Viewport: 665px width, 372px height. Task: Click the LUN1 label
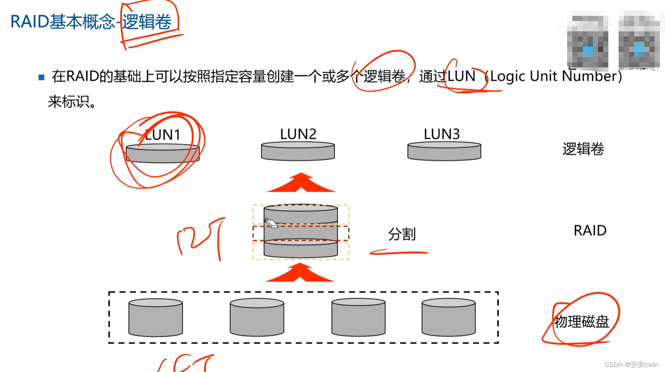coord(163,135)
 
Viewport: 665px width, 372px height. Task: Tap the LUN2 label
coord(298,134)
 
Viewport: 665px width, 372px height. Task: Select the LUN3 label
coord(442,134)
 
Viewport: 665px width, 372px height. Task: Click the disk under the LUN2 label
coord(298,151)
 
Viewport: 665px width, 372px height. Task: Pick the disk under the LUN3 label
coord(444,151)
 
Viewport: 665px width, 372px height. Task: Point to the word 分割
coord(402,234)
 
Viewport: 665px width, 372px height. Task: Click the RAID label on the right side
coord(590,231)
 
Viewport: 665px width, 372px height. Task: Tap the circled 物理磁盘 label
coord(582,321)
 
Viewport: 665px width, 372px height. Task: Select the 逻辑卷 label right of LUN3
coord(583,149)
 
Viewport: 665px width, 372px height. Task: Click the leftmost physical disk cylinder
coord(155,318)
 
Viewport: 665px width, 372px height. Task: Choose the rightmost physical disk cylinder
coord(448,318)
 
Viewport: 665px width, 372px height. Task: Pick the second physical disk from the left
coord(257,318)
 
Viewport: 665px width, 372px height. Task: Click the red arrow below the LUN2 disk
coord(301,183)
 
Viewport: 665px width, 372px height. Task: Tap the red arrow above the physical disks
coord(300,273)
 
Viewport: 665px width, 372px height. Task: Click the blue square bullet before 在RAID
coord(42,78)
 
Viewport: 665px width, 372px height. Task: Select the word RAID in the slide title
coord(29,22)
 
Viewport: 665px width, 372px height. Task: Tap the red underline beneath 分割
coord(399,253)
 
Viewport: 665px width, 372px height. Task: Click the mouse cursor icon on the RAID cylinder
coord(270,223)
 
